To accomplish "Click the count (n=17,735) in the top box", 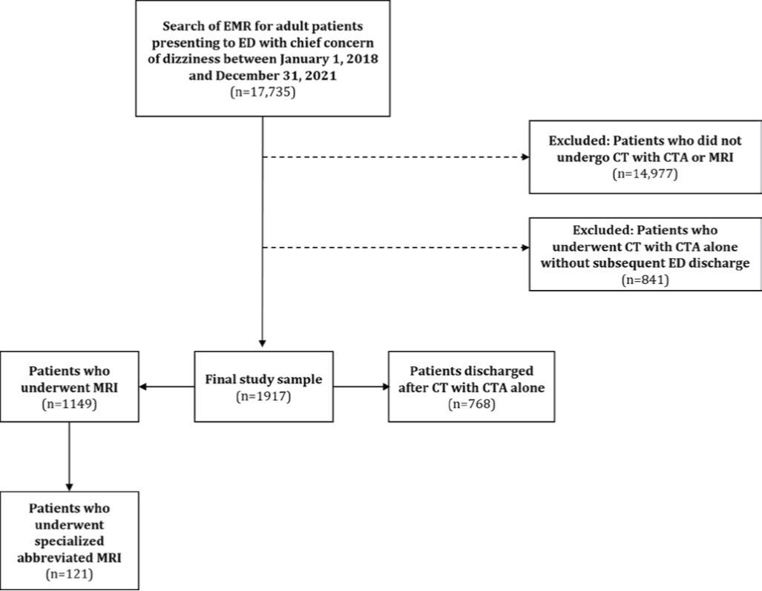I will click(x=263, y=95).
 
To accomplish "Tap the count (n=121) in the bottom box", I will click(x=69, y=573).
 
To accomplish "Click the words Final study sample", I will click(x=263, y=380).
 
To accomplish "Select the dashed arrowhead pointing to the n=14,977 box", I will click(x=526, y=158).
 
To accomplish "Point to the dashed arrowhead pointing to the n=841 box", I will click(x=526, y=247).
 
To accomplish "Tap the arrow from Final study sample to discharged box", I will click(x=384, y=386).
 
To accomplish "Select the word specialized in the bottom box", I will click(x=69, y=541).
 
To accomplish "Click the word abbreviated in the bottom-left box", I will click(x=69, y=557).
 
